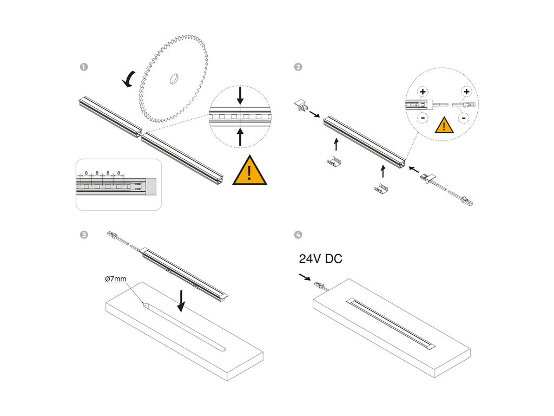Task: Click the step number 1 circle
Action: (x=84, y=67)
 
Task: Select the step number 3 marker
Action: (x=84, y=235)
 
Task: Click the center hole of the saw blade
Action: (x=174, y=79)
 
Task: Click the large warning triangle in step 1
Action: (x=249, y=171)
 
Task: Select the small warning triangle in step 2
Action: (x=444, y=126)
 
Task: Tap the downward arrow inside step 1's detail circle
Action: (x=241, y=96)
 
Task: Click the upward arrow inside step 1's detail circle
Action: (x=241, y=136)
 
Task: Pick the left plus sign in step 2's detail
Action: (x=423, y=92)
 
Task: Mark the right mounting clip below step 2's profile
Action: (x=382, y=188)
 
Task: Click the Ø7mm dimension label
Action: (x=116, y=279)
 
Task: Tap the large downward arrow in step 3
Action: (x=181, y=301)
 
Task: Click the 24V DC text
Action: (x=320, y=259)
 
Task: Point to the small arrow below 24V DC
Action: (x=306, y=277)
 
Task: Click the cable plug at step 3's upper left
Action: (x=114, y=236)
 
